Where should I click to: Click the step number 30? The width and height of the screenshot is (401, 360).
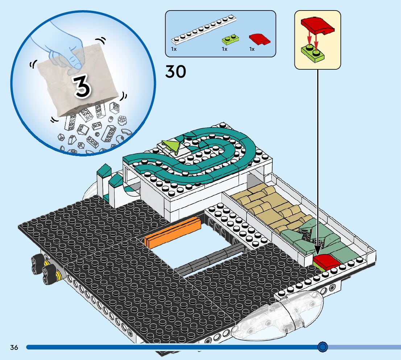pyautogui.click(x=175, y=72)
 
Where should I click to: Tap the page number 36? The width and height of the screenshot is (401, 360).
pyautogui.click(x=14, y=348)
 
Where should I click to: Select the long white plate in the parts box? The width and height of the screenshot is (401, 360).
pyautogui.click(x=203, y=28)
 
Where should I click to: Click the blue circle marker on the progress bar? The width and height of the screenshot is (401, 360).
pyautogui.click(x=322, y=347)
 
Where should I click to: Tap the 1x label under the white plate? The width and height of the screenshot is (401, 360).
pyautogui.click(x=174, y=49)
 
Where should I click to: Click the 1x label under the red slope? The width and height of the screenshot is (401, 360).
pyautogui.click(x=252, y=49)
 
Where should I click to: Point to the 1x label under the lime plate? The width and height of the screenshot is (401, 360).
pyautogui.click(x=224, y=49)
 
